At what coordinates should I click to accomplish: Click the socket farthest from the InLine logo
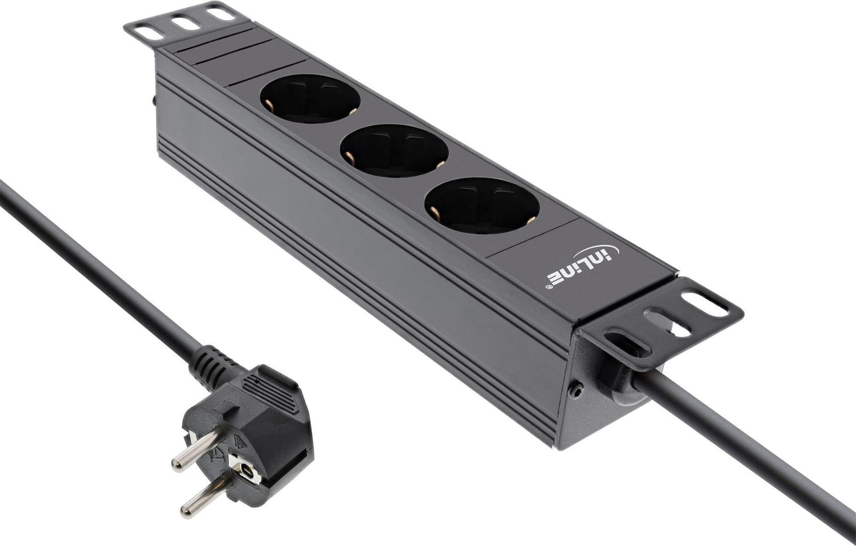[310, 98]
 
